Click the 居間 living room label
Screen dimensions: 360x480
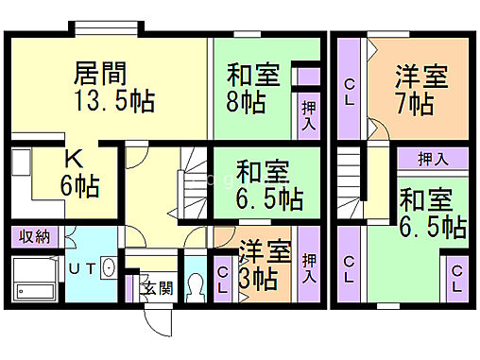click(101, 73)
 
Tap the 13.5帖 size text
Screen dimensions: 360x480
click(114, 101)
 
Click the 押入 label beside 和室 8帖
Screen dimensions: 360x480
click(309, 115)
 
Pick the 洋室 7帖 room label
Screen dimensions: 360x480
click(420, 87)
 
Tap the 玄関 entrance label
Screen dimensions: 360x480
click(157, 287)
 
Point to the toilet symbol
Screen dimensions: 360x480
click(195, 284)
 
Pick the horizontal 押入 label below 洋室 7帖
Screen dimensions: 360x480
click(431, 159)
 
